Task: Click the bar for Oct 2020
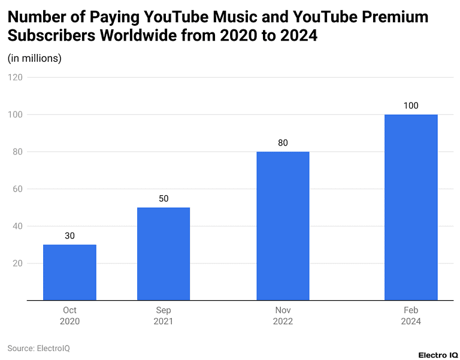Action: (x=69, y=272)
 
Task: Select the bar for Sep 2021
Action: (x=164, y=253)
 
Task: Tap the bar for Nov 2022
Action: (x=283, y=226)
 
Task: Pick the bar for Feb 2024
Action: (x=411, y=207)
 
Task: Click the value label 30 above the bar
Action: (x=69, y=236)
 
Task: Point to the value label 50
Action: (x=164, y=198)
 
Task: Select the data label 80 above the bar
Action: (x=283, y=143)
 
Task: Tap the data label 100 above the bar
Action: (x=411, y=105)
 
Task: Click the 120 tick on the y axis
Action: (x=15, y=77)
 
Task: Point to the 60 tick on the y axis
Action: (x=17, y=189)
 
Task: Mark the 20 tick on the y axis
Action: (x=17, y=264)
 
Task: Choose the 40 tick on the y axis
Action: (x=17, y=226)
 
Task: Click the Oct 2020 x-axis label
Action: (x=69, y=316)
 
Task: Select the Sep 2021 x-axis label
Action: (x=164, y=316)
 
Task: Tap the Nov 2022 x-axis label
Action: (x=283, y=316)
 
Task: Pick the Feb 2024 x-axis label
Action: (x=411, y=316)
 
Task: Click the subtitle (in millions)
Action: (x=34, y=58)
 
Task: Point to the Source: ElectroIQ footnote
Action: (x=38, y=348)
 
